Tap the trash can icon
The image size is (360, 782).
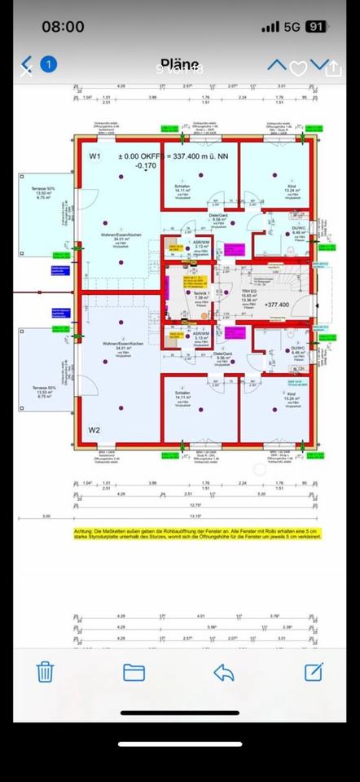46,671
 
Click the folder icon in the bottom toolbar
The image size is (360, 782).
134,671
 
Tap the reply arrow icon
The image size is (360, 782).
223,671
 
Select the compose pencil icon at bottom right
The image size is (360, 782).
314,671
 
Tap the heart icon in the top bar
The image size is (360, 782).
299,68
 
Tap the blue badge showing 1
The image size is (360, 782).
49,64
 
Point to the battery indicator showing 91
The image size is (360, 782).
316,27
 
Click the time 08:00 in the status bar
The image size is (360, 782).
63,27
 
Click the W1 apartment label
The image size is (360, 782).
94,155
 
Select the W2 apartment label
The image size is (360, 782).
94,429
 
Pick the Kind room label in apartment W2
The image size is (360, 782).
291,395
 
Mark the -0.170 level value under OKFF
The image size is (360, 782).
123,166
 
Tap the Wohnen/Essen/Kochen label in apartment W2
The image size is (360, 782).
119,344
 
